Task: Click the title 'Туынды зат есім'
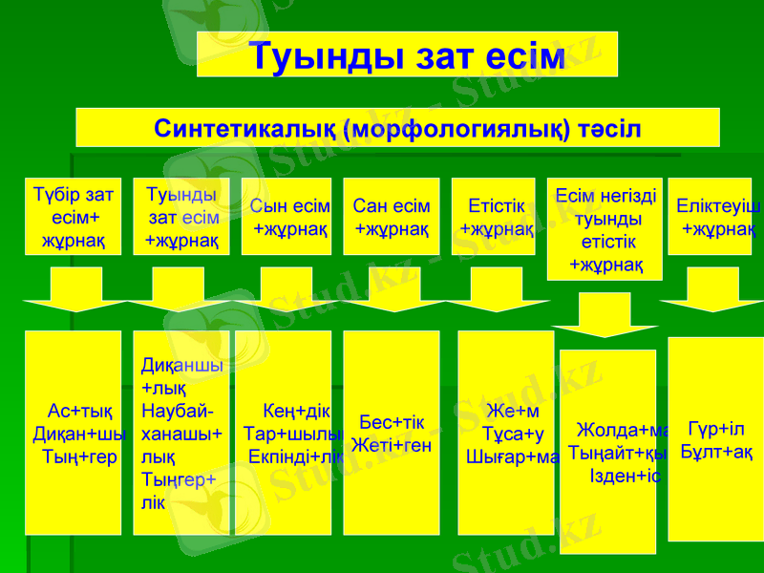click(x=407, y=55)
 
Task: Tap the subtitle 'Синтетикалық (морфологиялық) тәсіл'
click(x=397, y=128)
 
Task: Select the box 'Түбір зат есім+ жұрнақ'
click(x=74, y=217)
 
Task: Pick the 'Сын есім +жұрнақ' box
click(x=286, y=217)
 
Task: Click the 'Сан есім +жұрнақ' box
click(x=392, y=217)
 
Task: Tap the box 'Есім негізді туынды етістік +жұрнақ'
click(x=605, y=229)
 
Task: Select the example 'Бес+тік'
click(x=392, y=422)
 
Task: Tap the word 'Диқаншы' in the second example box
click(x=181, y=366)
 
